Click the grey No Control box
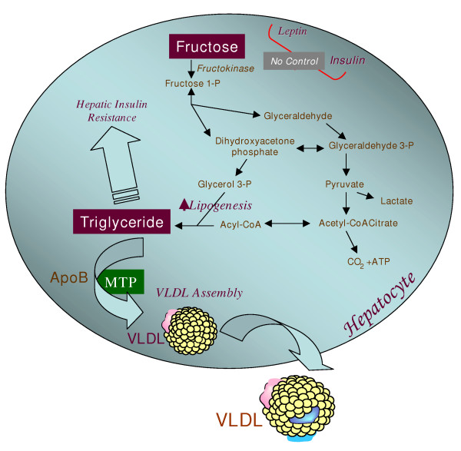pos(293,60)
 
